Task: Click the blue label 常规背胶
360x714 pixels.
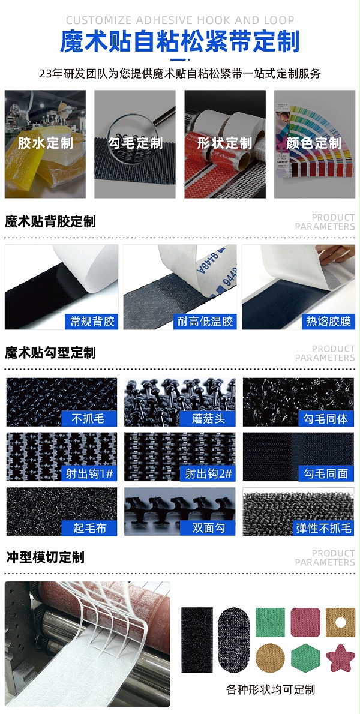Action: point(92,322)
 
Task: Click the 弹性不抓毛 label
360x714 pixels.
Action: point(324,528)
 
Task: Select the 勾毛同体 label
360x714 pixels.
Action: point(326,419)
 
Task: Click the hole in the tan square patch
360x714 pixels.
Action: point(341,622)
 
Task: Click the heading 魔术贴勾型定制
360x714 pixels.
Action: point(50,353)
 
